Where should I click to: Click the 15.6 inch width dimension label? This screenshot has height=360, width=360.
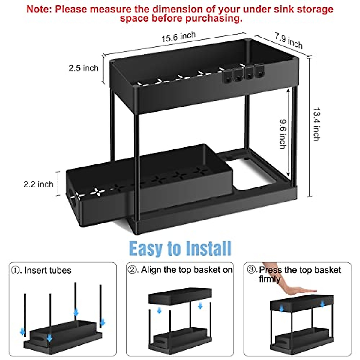pyautogui.click(x=178, y=37)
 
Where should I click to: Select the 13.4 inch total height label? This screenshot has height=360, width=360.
pyautogui.click(x=316, y=124)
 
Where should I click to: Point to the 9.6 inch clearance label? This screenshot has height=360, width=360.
pyautogui.click(x=283, y=134)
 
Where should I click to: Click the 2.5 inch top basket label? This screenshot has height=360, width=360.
pyautogui.click(x=83, y=68)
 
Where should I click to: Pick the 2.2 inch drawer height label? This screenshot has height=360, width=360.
pyautogui.click(x=38, y=184)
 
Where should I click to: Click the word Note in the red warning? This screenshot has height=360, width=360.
pyautogui.click(x=39, y=9)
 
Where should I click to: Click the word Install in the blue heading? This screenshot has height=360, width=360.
pyautogui.click(x=209, y=249)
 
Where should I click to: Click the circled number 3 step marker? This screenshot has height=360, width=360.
pyautogui.click(x=252, y=270)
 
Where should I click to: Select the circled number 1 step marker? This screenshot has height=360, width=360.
pyautogui.click(x=16, y=270)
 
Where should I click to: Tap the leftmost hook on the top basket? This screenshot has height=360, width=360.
pyautogui.click(x=228, y=76)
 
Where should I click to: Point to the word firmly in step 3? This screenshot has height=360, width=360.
pyautogui.click(x=270, y=279)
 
